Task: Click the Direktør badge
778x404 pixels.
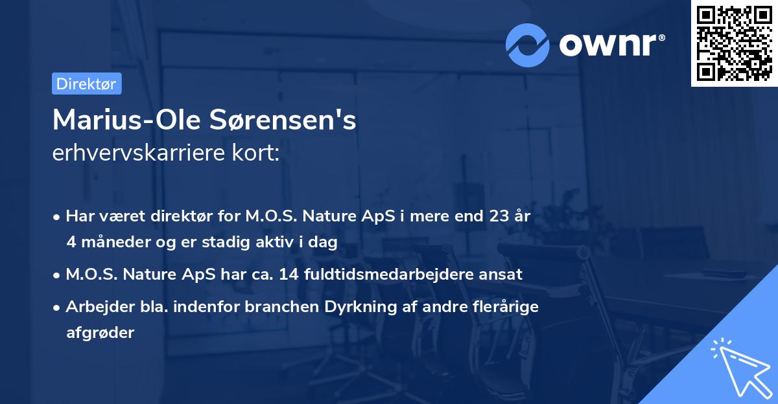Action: click(86, 84)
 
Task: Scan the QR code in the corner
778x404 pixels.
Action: click(733, 43)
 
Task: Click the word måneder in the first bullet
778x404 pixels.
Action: click(110, 242)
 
